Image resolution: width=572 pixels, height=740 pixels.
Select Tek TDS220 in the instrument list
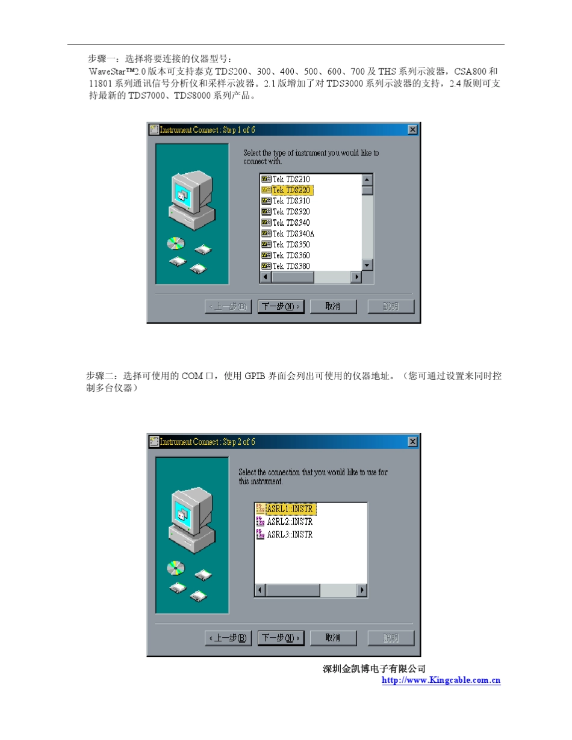point(291,190)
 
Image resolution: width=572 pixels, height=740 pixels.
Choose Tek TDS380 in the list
point(291,267)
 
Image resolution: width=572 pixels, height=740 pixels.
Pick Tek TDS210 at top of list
point(291,179)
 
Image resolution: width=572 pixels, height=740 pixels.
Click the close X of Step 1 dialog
point(412,129)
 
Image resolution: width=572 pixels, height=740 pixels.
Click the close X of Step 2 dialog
point(412,442)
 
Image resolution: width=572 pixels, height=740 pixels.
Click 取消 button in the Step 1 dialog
point(333,306)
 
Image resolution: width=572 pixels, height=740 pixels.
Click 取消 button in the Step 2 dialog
point(333,638)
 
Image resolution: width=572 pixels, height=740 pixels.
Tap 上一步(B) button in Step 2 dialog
point(228,638)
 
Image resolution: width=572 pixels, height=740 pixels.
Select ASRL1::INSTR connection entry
point(290,509)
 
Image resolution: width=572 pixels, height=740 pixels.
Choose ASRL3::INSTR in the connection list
point(290,535)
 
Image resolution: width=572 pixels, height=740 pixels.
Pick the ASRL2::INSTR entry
point(290,522)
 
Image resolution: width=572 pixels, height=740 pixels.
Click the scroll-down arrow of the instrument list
point(367,265)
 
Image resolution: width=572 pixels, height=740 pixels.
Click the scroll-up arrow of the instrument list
point(367,179)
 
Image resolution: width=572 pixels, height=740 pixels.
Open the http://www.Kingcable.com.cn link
point(442,680)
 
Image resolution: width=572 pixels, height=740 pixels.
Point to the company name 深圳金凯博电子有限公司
point(375,669)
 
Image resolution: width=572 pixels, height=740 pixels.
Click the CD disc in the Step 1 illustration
point(176,243)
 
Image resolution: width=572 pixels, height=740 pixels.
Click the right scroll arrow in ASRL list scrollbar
point(362,590)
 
